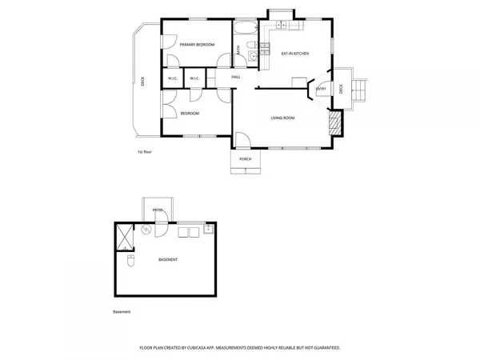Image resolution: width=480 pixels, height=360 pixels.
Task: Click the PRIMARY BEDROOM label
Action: click(197, 45)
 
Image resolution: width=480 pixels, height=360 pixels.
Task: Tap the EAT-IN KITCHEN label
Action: click(295, 54)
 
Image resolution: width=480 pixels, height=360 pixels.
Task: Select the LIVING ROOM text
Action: click(282, 118)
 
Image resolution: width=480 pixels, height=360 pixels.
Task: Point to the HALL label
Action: click(236, 77)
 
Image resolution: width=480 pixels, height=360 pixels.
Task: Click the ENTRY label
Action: click(321, 89)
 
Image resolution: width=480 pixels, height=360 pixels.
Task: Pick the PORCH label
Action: click(246, 159)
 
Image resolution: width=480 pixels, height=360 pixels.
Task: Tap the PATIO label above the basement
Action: click(158, 210)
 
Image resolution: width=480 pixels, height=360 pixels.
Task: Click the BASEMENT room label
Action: click(168, 260)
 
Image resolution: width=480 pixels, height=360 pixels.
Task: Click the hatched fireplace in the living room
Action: click(335, 122)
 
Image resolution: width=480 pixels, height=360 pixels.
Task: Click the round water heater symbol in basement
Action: click(146, 229)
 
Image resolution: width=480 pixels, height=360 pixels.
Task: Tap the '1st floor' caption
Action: click(145, 150)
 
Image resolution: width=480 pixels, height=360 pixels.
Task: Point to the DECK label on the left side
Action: click(142, 81)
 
